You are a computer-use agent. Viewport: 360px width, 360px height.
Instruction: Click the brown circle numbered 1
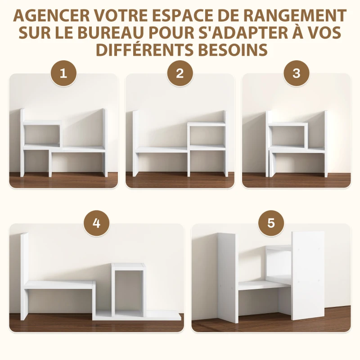[x=63, y=73]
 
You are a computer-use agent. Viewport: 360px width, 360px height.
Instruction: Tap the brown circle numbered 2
[x=180, y=73]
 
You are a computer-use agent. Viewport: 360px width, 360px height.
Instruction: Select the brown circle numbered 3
[x=296, y=73]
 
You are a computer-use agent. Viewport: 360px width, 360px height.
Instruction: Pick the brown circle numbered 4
[x=96, y=224]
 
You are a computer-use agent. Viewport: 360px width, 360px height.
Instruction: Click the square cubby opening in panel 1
[x=41, y=135]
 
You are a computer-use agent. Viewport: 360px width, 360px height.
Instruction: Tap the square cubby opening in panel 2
[x=207, y=135]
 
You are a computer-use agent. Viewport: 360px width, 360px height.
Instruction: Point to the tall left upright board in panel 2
[x=135, y=144]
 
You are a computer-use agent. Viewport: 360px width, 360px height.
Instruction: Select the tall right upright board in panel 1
[x=104, y=142]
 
